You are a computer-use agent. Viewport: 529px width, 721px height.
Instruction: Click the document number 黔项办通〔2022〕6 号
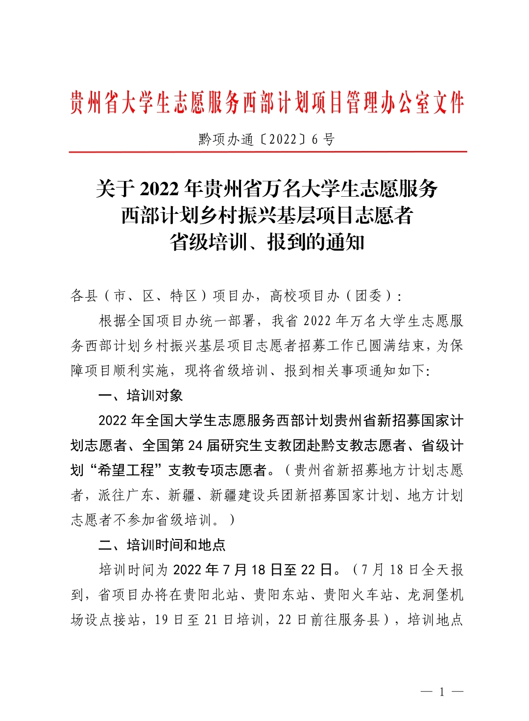[266, 140]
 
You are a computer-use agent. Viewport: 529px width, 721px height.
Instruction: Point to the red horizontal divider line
[267, 152]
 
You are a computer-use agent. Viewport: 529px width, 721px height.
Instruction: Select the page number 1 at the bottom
[442, 692]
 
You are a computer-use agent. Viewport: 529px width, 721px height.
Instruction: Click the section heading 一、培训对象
[141, 395]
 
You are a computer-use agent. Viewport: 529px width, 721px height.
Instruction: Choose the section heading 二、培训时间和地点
[162, 545]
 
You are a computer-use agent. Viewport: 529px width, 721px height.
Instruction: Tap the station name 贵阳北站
[211, 595]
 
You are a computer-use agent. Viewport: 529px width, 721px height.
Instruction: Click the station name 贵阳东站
[281, 595]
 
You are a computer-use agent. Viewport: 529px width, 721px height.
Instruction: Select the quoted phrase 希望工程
[126, 470]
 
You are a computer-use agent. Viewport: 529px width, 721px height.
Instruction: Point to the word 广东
[140, 495]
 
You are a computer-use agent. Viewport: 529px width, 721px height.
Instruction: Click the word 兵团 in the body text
[281, 495]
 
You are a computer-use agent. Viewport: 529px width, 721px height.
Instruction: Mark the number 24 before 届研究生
[195, 445]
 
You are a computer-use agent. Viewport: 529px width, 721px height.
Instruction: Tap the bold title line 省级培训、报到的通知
[267, 242]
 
